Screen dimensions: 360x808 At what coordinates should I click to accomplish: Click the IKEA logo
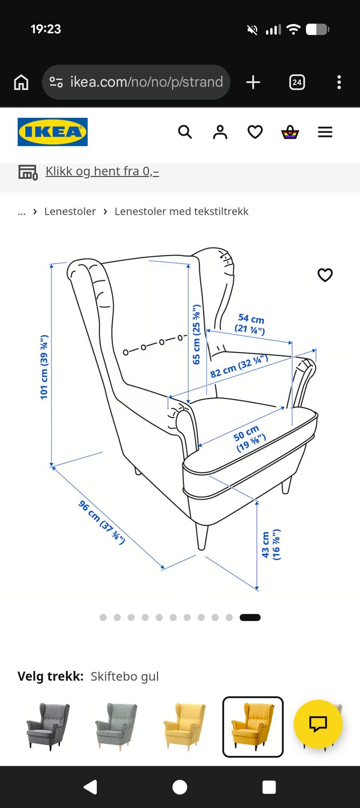[52, 132]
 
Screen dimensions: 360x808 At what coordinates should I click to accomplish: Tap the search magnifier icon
[185, 132]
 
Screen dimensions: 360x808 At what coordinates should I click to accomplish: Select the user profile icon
[220, 132]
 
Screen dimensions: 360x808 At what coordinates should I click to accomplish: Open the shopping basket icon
[290, 132]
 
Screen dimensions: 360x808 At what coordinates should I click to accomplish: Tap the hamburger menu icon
[325, 132]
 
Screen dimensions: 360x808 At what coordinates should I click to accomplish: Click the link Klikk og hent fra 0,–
[102, 171]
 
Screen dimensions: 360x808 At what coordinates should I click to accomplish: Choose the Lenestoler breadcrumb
[70, 211]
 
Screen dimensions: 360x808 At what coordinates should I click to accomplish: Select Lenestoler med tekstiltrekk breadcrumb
[181, 211]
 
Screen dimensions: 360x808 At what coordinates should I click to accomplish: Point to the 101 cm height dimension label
[44, 367]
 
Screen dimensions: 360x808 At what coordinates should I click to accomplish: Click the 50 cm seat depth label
[249, 438]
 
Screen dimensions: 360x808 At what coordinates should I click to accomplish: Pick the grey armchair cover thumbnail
[48, 727]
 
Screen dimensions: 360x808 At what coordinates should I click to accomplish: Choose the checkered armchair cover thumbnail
[116, 727]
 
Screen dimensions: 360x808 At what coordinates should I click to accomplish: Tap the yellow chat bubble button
[318, 724]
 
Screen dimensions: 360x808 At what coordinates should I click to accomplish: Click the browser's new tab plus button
[253, 82]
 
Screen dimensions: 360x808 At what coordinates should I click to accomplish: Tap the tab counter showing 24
[297, 82]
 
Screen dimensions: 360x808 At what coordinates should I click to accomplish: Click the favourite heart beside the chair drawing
[325, 275]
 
